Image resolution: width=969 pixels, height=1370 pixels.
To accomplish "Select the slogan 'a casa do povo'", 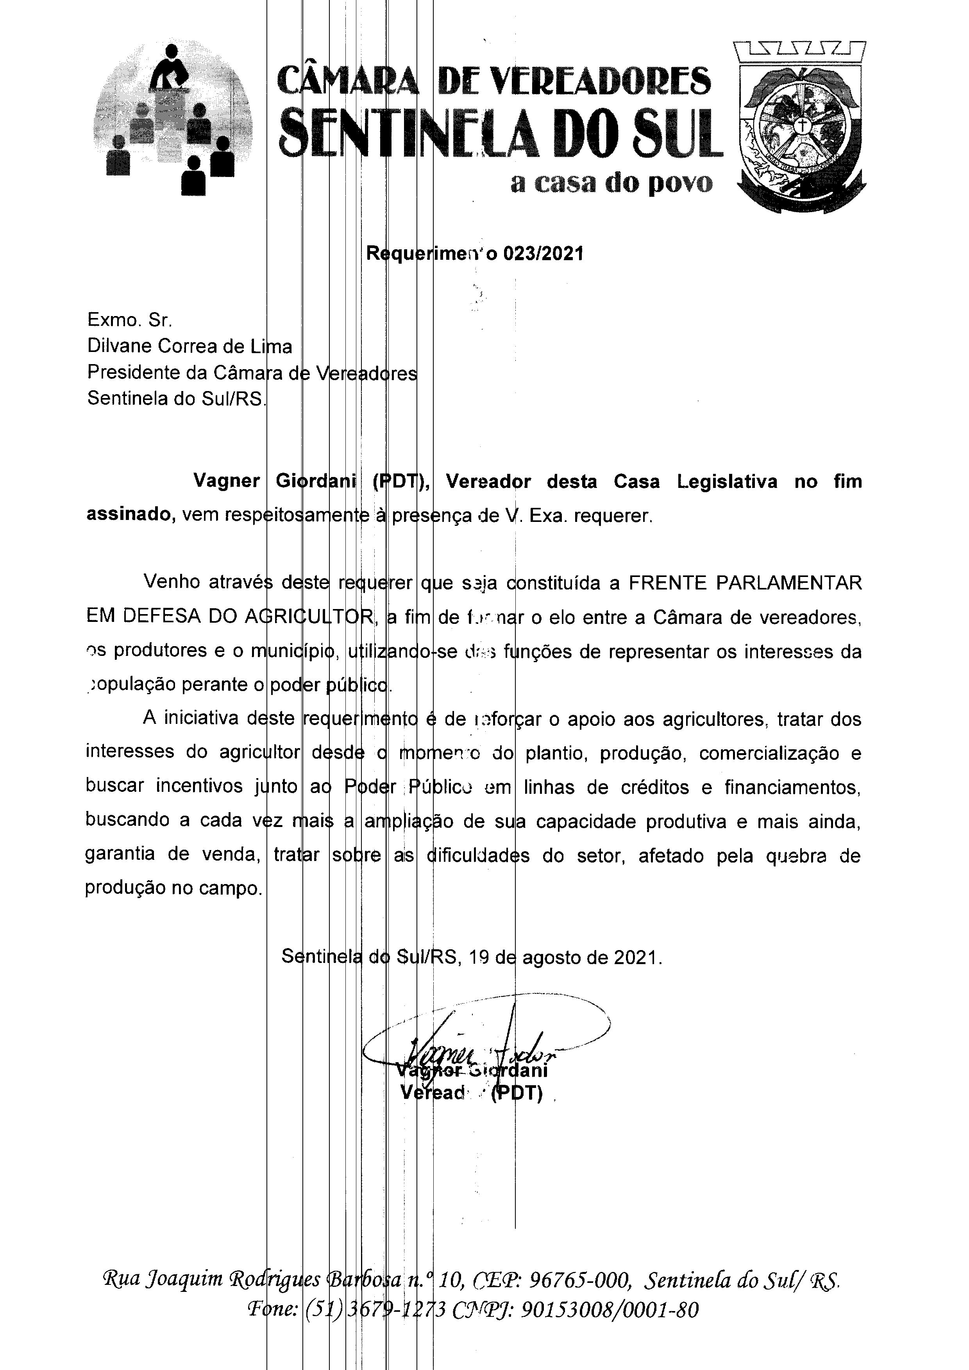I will (611, 183).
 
